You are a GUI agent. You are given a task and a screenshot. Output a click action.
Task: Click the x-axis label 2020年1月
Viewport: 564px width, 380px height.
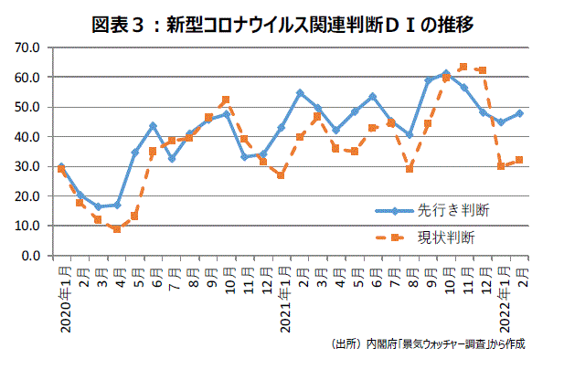coord(62,302)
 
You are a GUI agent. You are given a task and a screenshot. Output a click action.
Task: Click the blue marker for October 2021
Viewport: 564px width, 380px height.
coord(445,73)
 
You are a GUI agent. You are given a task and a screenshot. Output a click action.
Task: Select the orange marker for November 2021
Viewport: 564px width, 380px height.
coord(463,67)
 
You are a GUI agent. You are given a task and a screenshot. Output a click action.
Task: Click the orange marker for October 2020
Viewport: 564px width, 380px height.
coord(226,100)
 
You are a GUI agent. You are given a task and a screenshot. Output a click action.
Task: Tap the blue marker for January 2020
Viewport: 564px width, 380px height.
coord(61,167)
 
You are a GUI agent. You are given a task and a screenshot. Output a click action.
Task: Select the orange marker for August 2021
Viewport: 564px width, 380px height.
coord(409,169)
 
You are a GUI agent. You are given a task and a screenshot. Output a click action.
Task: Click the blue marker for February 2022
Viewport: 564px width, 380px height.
coord(519,113)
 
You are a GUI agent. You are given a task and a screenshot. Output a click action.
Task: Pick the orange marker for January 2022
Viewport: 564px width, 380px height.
coord(501,166)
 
